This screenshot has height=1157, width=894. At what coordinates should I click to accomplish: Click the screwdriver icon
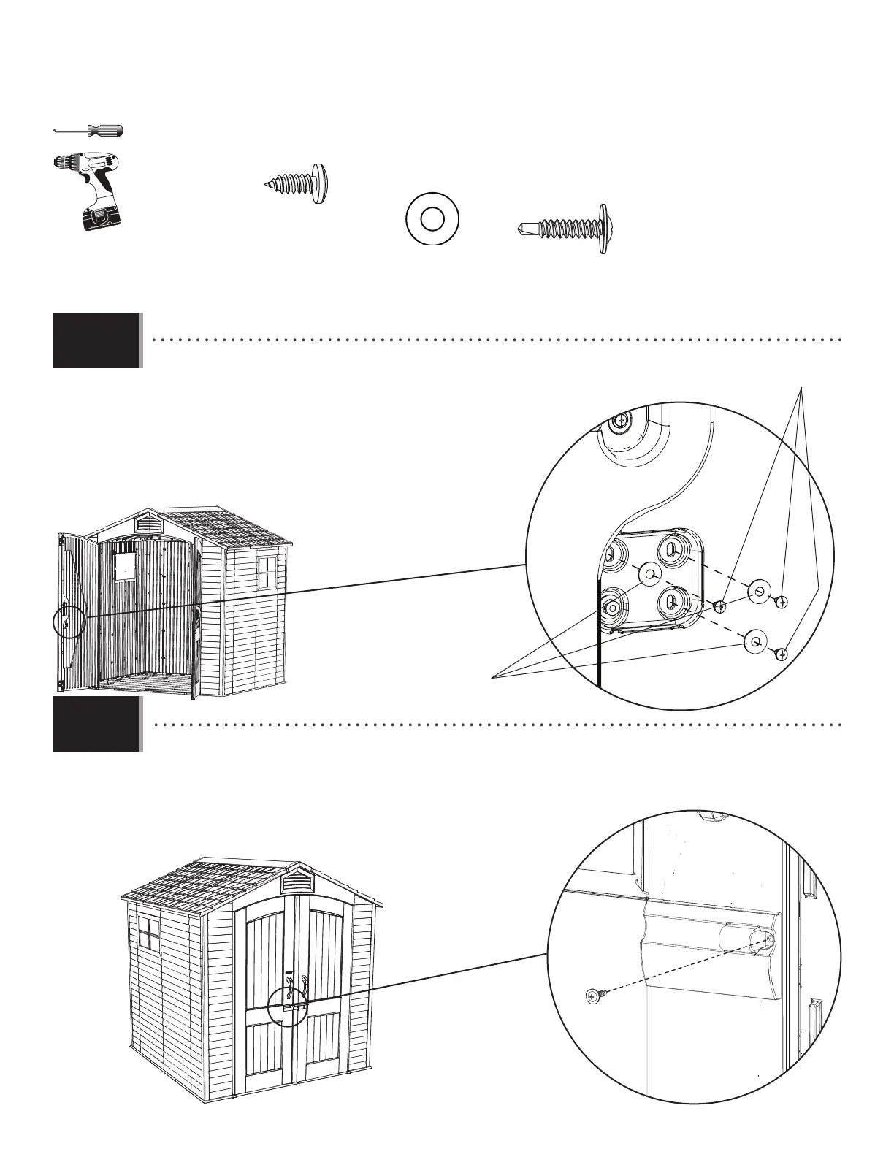88,131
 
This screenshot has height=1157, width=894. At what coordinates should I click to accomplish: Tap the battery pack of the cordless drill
99,218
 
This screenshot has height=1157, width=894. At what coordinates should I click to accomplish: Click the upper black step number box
96,340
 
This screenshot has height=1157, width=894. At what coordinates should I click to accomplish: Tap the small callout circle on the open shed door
70,623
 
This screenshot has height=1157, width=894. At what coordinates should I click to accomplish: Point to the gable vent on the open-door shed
148,523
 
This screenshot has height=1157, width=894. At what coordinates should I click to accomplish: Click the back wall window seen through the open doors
125,566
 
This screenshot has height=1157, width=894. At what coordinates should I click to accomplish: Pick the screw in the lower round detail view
593,994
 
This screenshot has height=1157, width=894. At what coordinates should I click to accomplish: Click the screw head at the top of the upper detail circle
620,421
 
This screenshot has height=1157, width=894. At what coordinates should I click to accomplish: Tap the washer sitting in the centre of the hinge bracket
647,575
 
